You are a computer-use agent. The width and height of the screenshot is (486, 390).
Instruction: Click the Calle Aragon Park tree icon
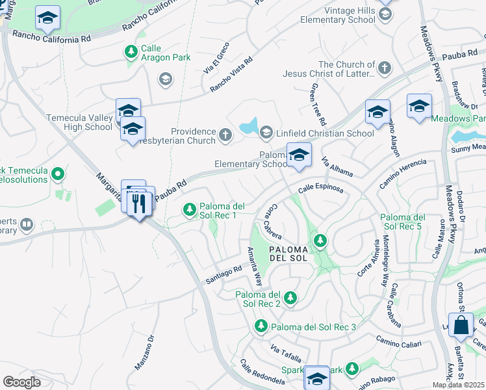(x=131, y=51)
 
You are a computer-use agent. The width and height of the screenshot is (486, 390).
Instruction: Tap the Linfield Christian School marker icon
(x=266, y=133)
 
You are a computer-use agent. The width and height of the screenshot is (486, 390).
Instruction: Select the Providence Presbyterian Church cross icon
(x=225, y=135)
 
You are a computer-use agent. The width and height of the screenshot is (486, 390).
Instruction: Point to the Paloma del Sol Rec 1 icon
(x=189, y=209)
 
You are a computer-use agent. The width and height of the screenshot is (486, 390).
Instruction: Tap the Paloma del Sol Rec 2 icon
(x=290, y=298)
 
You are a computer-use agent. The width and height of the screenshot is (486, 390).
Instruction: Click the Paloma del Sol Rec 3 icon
(x=261, y=325)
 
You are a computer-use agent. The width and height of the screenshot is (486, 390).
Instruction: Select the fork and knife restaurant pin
(x=138, y=204)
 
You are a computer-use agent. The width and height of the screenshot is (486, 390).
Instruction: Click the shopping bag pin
(x=461, y=326)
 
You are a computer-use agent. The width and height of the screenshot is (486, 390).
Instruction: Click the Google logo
(x=21, y=382)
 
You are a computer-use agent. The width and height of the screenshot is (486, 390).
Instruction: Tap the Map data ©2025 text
(x=459, y=385)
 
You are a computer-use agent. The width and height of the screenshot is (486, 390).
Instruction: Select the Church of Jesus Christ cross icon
(x=385, y=68)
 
